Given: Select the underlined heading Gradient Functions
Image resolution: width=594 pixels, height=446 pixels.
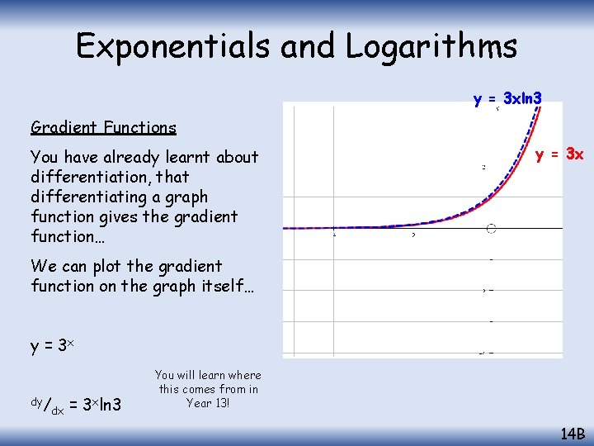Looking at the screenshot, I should tap(103, 127).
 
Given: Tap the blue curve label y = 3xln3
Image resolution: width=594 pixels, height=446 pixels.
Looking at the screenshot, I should tap(507, 99).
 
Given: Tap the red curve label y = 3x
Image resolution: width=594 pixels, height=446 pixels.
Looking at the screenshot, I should tap(559, 154).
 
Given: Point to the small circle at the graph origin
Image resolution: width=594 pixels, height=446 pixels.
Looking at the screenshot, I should tap(492, 228).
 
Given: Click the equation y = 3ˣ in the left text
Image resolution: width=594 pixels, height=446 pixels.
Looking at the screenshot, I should tap(53, 346).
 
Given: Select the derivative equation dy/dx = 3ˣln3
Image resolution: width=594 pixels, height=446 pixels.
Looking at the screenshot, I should tap(76, 404).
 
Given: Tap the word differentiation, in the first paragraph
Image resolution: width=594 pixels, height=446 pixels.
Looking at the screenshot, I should tap(81, 177).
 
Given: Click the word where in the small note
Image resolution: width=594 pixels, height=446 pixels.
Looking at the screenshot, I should tap(243, 375).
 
